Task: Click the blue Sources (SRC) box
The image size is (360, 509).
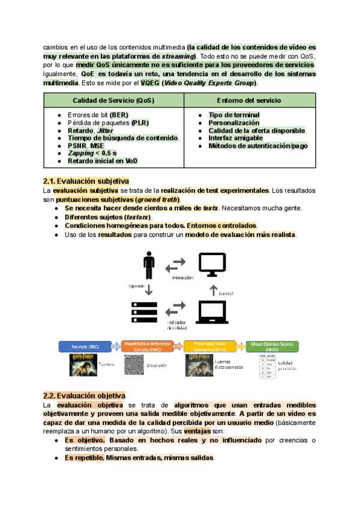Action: [85, 346]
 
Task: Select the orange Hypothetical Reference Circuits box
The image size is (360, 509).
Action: [148, 346]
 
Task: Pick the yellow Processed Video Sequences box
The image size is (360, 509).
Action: [211, 346]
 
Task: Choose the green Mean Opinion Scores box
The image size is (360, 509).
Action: [272, 346]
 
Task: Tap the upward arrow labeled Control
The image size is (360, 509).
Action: [212, 291]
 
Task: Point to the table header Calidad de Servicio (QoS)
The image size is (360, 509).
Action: [113, 100]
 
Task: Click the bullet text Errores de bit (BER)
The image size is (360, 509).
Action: [98, 115]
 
